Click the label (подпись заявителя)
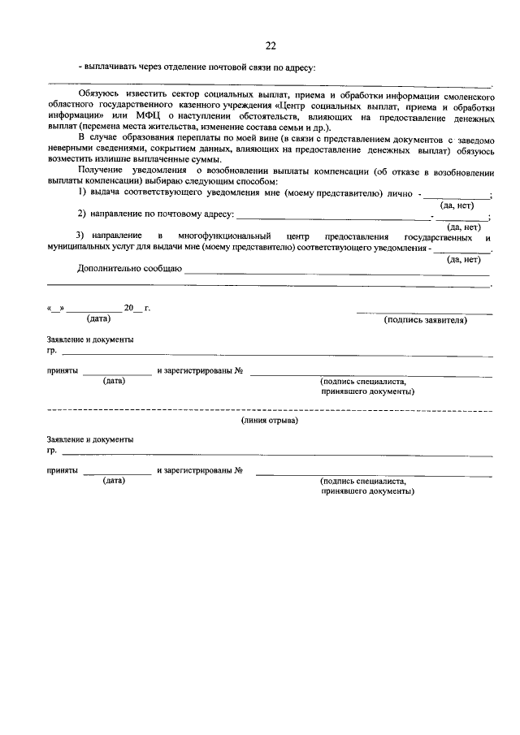click(x=425, y=321)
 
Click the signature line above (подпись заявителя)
click(x=423, y=312)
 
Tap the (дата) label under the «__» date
click(x=99, y=319)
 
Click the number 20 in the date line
click(x=128, y=309)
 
